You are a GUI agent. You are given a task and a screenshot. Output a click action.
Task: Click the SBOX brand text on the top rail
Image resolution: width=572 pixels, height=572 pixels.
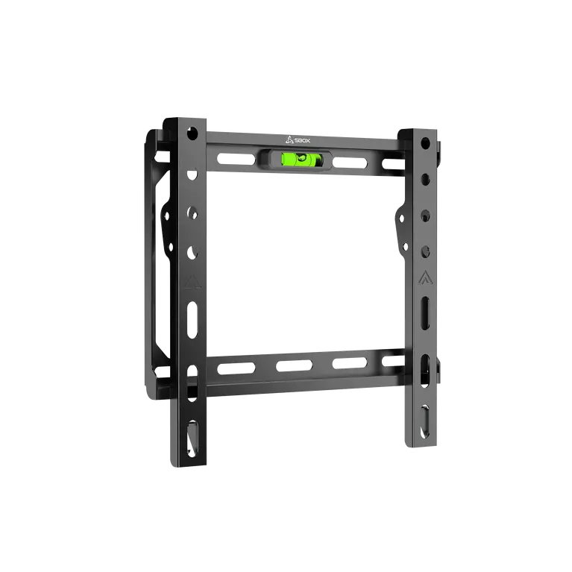pos(303,140)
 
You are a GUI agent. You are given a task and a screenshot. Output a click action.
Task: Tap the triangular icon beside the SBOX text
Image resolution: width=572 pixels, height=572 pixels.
pos(289,139)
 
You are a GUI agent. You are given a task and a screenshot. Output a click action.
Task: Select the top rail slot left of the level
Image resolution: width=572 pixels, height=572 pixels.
pos(236,160)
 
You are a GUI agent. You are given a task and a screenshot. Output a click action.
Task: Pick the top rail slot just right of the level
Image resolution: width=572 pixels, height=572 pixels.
pos(350,163)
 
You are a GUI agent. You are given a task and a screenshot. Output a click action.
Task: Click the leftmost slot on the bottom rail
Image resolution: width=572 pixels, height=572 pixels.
pos(236,368)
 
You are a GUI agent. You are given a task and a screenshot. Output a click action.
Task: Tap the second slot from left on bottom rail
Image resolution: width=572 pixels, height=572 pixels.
pos(294,365)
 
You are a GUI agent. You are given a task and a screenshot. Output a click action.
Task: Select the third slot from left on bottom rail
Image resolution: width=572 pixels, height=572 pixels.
pos(350,363)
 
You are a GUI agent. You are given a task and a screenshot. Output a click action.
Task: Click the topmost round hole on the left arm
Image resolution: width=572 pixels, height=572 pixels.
pos(192,133)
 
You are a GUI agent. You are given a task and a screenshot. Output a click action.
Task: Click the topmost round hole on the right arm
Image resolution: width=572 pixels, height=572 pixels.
pos(425,142)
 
